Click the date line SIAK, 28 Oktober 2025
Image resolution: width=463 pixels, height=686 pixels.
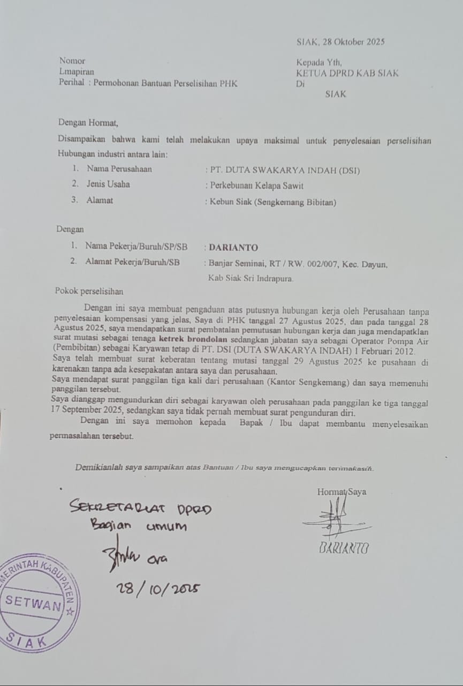pyautogui.click(x=340, y=42)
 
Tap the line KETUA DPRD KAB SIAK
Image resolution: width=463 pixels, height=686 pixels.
pyautogui.click(x=348, y=73)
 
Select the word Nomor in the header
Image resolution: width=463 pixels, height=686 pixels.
pyautogui.click(x=72, y=61)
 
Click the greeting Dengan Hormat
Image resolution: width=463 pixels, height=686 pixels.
pyautogui.click(x=88, y=123)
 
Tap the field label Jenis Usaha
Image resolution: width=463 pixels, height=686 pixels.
pyautogui.click(x=108, y=184)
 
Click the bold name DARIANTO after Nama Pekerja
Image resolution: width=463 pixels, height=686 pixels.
pyautogui.click(x=233, y=248)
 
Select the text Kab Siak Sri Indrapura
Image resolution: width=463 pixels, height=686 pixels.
pyautogui.click(x=251, y=278)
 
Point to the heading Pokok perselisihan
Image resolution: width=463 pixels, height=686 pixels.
pyautogui.click(x=89, y=292)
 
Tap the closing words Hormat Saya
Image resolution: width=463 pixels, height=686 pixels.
pyautogui.click(x=341, y=491)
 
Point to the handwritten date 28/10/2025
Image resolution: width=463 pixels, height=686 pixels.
pyautogui.click(x=158, y=588)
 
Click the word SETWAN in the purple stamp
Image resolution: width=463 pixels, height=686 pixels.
pyautogui.click(x=33, y=604)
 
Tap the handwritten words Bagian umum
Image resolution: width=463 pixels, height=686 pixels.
pyautogui.click(x=138, y=526)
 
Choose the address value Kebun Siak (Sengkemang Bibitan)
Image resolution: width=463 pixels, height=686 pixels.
pyautogui.click(x=271, y=202)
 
